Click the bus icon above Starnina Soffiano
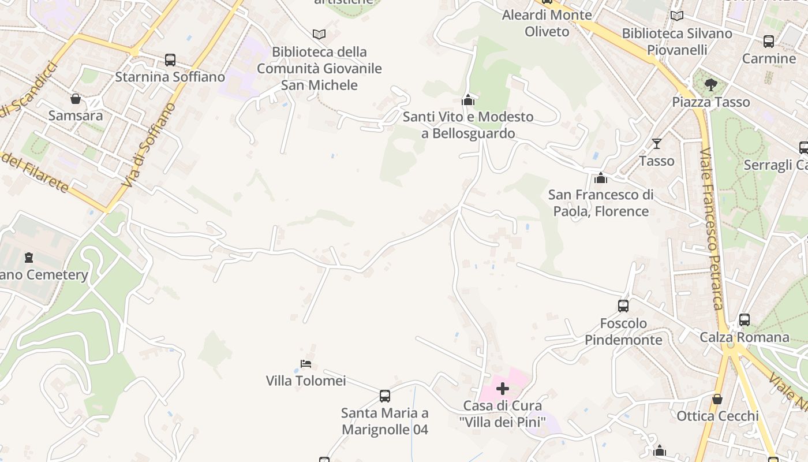(x=170, y=59)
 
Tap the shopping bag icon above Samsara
(x=75, y=99)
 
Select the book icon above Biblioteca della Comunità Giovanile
(x=319, y=34)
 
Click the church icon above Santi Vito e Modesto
(x=468, y=100)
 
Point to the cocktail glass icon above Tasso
(x=656, y=143)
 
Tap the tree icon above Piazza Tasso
(x=711, y=85)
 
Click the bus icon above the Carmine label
(x=769, y=42)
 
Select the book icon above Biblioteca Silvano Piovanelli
(x=677, y=16)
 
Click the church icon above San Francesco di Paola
(x=601, y=178)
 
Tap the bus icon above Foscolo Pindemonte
(x=623, y=306)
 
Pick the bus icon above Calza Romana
(x=745, y=320)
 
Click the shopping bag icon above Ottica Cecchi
(x=717, y=399)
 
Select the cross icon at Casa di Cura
(x=503, y=389)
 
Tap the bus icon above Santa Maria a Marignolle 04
(x=385, y=396)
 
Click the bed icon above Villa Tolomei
(x=306, y=364)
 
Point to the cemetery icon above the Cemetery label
(x=29, y=258)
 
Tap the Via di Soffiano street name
(x=149, y=144)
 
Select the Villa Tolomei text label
(x=306, y=381)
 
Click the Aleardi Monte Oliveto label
(x=547, y=23)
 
